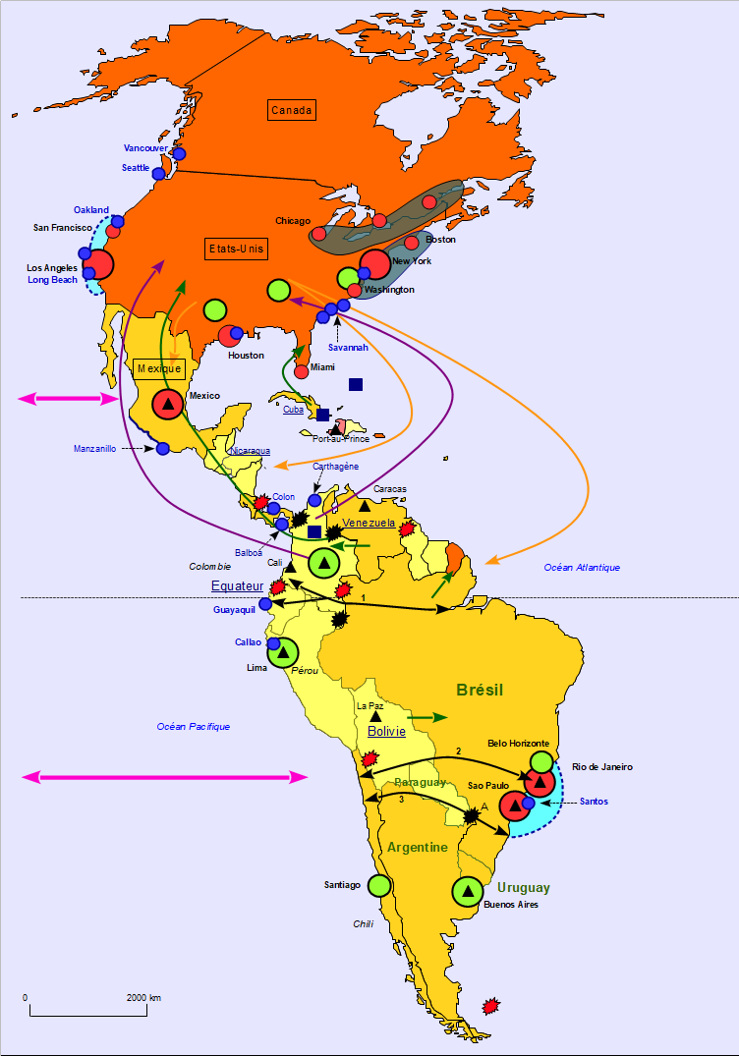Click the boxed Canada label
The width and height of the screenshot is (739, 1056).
click(x=291, y=110)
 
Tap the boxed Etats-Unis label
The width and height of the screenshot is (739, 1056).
click(x=237, y=250)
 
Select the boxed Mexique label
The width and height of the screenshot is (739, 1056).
click(x=159, y=368)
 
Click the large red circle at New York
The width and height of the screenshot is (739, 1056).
click(x=374, y=264)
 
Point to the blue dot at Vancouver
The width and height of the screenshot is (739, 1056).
click(x=179, y=153)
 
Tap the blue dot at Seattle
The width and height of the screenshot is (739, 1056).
click(x=158, y=173)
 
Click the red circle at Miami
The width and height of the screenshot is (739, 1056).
click(x=302, y=371)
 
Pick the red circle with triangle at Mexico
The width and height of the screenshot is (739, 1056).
click(x=168, y=404)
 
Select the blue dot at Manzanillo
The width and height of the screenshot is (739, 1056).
click(x=162, y=448)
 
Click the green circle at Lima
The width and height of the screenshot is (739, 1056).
click(x=282, y=652)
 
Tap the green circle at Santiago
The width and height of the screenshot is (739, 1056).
click(x=379, y=885)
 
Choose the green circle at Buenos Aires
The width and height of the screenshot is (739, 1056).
click(x=468, y=891)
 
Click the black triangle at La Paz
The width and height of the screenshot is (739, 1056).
click(x=374, y=717)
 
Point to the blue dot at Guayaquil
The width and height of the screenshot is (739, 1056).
click(x=265, y=604)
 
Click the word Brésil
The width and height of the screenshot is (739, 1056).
click(x=480, y=690)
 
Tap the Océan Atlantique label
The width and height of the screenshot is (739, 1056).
click(x=582, y=567)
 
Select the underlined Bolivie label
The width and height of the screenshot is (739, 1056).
click(x=386, y=732)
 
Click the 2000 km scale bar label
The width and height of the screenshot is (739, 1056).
click(x=143, y=997)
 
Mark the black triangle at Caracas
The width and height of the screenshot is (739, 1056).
click(x=365, y=506)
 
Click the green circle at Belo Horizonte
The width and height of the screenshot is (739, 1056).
click(x=541, y=761)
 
